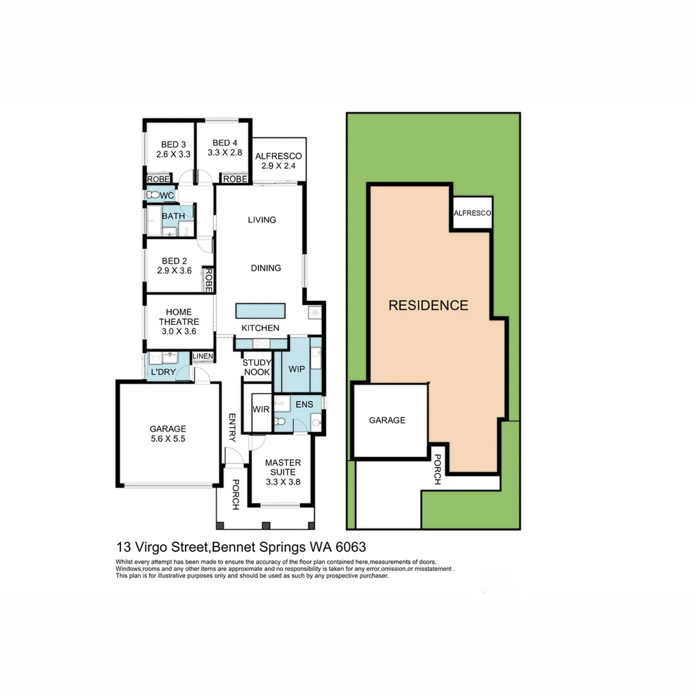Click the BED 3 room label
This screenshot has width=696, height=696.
(x=173, y=144)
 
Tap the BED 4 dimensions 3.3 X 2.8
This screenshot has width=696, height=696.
(x=225, y=153)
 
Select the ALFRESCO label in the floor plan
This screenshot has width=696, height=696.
(x=278, y=156)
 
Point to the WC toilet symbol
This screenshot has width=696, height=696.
(x=153, y=195)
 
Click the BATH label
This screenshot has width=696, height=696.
(x=173, y=216)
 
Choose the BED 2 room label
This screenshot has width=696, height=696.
(x=174, y=261)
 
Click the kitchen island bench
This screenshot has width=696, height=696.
(x=260, y=311)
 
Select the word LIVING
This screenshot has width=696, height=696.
(x=262, y=220)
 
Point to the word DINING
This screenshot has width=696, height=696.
(x=266, y=268)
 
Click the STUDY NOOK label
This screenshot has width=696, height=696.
(x=256, y=367)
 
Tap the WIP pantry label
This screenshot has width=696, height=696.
(x=296, y=369)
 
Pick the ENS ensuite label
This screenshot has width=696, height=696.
(x=304, y=405)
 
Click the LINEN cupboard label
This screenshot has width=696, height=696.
(x=202, y=356)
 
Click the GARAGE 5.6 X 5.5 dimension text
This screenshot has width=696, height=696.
(x=168, y=439)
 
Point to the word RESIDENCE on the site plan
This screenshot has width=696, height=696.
(x=428, y=305)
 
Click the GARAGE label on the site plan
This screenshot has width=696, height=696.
(x=387, y=420)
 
